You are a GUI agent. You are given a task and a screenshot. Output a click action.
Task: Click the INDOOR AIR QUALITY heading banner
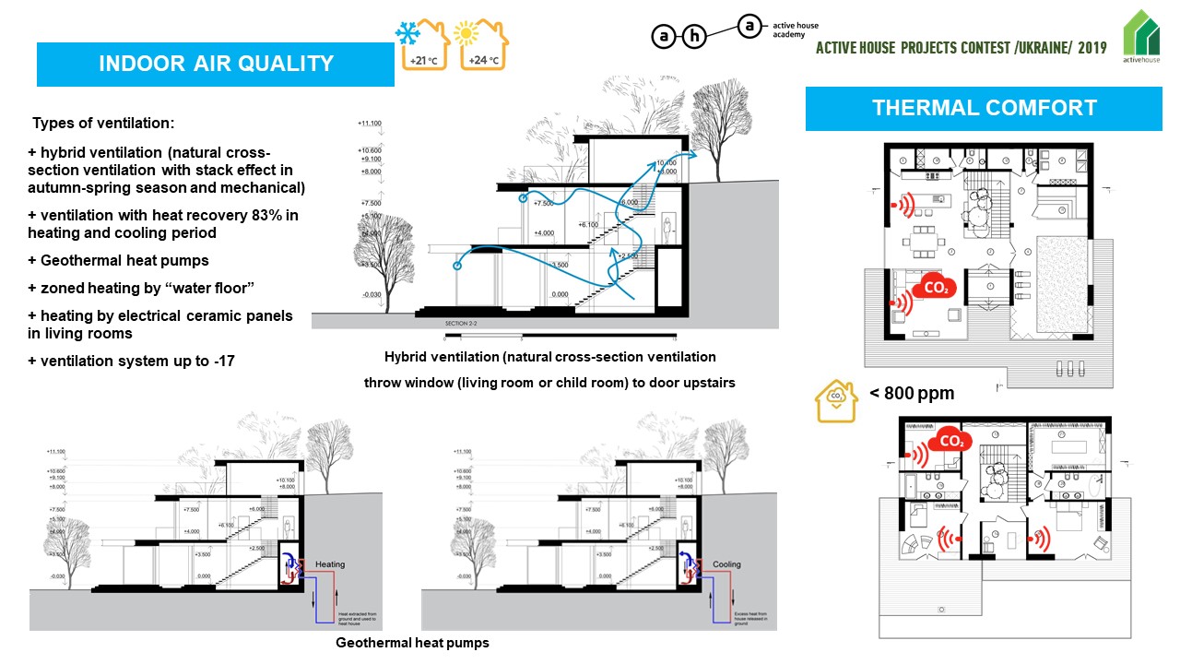(216, 65)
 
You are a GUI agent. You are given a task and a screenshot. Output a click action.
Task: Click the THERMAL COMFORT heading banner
(984, 108)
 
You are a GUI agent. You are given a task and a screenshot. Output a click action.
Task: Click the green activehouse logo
(1141, 36)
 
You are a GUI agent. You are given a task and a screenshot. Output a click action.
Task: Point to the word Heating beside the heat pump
(330, 563)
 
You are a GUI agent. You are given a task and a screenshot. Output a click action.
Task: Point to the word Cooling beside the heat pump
(726, 563)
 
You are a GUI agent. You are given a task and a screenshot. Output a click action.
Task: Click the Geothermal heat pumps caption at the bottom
(411, 643)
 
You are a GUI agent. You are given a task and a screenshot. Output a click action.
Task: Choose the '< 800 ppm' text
(912, 394)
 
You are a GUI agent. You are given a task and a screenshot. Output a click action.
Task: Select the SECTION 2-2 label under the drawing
(462, 325)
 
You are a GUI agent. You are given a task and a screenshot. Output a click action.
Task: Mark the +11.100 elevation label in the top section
(369, 123)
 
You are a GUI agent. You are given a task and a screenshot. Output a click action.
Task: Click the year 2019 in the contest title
(1092, 47)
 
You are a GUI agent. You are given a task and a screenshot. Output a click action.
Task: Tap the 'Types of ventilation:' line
(102, 124)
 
